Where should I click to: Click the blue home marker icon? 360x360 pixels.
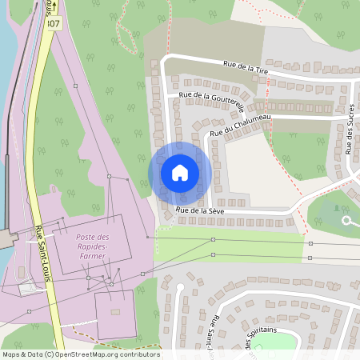coord(180,173)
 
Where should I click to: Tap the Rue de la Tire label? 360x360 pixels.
coord(246,67)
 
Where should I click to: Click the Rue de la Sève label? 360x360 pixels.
coord(200,210)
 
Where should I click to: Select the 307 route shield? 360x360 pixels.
coord(53,23)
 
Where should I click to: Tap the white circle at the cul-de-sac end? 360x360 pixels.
coord(346,220)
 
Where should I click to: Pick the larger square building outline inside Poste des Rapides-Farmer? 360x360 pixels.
coord(88,244)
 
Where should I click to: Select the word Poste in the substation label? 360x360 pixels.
coord(86,238)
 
